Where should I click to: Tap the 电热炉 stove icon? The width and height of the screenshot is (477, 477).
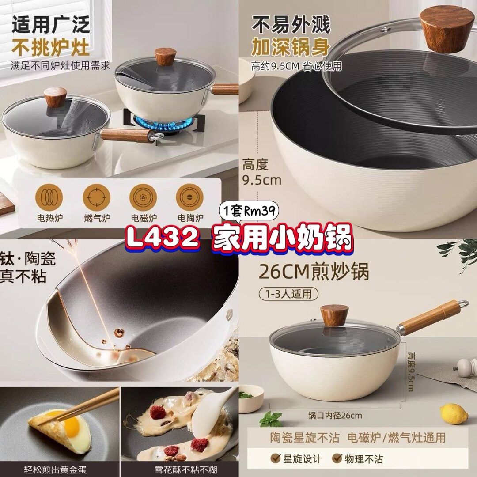pyautogui.click(x=49, y=197)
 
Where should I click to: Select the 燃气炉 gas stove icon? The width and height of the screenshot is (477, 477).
pyautogui.click(x=96, y=197)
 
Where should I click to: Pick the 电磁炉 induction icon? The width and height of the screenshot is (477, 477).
pyautogui.click(x=143, y=197)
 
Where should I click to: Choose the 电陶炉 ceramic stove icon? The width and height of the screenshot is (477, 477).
pyautogui.click(x=189, y=197)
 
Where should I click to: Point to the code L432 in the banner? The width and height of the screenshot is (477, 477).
pyautogui.click(x=163, y=237)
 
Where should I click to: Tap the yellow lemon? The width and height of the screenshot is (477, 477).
pyautogui.click(x=454, y=413)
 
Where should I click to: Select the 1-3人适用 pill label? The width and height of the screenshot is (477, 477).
pyautogui.click(x=288, y=294)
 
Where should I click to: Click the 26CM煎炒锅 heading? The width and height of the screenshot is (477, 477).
pyautogui.click(x=314, y=272)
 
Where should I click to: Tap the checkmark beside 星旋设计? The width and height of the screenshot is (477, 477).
pyautogui.click(x=276, y=458)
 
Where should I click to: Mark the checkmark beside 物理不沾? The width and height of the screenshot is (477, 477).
pyautogui.click(x=337, y=458)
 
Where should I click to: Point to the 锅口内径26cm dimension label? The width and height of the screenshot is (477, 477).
pyautogui.click(x=335, y=415)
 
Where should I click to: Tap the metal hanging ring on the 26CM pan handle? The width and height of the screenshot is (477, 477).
pyautogui.click(x=463, y=304)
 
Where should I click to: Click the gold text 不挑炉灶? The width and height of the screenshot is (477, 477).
pyautogui.click(x=50, y=48)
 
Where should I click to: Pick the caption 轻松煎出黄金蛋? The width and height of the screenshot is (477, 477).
pyautogui.click(x=55, y=469)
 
